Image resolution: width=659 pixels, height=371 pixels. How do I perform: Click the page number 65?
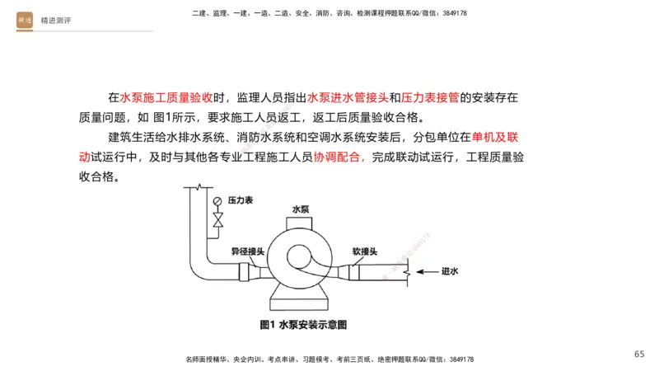point(639,354)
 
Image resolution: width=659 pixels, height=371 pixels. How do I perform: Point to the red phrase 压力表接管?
point(431,97)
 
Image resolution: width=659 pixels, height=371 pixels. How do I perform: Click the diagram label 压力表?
point(241,200)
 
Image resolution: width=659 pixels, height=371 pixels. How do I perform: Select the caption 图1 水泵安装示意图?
point(303,325)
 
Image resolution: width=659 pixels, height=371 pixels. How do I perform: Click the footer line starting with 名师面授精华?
point(329,359)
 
